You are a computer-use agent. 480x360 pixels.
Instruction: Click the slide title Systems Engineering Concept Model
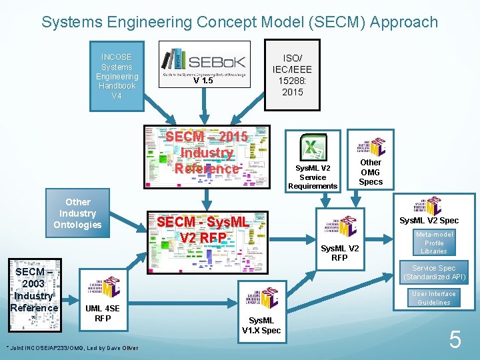(239, 21)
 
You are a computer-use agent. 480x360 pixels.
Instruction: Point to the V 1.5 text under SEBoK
(203, 81)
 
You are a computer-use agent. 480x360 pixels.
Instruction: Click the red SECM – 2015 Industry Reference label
(207, 153)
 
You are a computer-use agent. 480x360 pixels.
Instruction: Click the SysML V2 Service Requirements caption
(313, 177)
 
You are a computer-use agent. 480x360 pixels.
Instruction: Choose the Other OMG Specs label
(371, 172)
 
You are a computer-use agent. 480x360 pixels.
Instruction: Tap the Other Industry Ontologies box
(78, 213)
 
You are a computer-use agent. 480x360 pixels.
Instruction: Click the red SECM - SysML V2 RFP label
(203, 229)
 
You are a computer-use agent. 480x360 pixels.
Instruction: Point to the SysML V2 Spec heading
(429, 221)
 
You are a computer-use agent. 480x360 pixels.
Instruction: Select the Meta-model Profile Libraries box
(434, 243)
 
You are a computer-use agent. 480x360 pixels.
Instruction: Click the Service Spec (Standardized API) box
(434, 273)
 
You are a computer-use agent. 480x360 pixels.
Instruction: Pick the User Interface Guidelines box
(434, 298)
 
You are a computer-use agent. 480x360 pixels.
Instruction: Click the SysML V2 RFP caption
(339, 253)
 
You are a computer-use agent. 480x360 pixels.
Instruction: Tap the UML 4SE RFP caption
(103, 313)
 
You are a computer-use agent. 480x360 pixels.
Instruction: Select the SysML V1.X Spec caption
(261, 325)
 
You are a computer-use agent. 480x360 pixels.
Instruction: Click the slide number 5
(455, 341)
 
